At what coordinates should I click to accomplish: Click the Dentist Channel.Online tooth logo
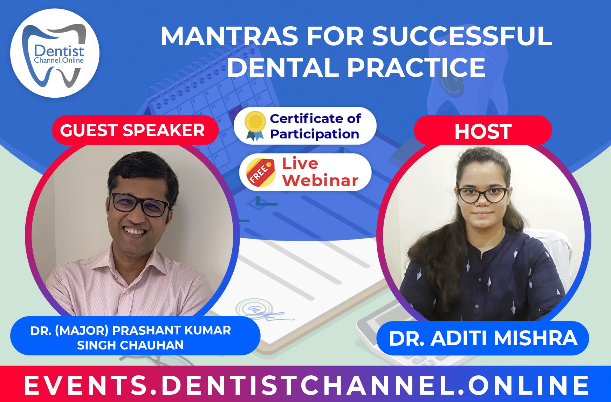55,53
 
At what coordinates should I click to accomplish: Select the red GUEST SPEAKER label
132,130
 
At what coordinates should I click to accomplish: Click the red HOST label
483,131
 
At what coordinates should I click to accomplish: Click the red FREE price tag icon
260,172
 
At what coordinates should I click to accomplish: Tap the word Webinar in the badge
320,181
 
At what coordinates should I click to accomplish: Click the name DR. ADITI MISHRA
483,338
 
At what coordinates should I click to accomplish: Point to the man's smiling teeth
135,231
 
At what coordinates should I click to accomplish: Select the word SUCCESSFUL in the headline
462,36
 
